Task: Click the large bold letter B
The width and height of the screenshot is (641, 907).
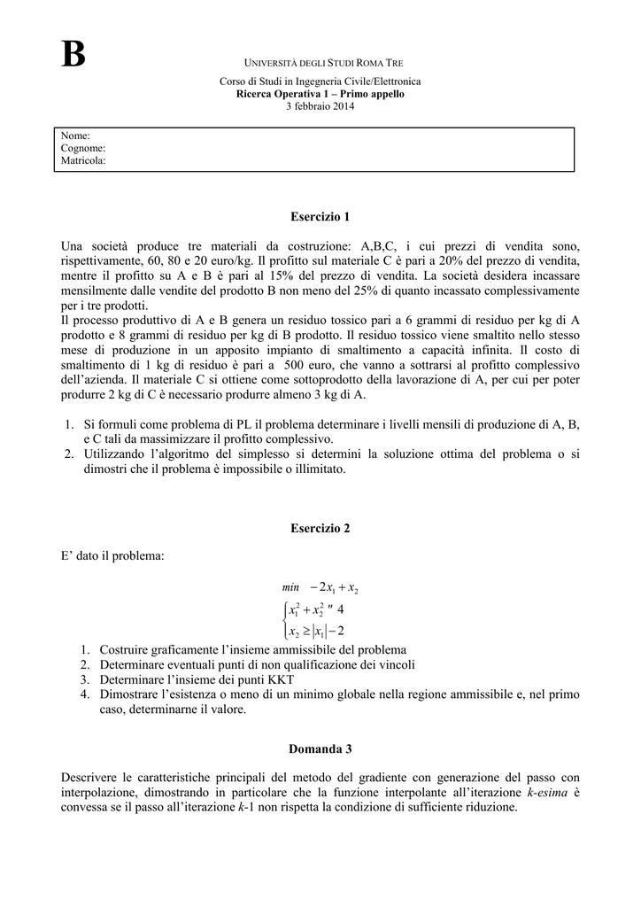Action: pos(73,55)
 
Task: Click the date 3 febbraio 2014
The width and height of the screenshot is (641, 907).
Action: pos(320,106)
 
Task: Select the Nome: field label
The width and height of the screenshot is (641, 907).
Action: pos(75,136)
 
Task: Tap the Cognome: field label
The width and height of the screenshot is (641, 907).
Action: pos(83,148)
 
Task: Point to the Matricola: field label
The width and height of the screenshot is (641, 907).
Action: pos(83,161)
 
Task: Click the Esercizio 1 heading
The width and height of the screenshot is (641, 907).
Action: pos(320,215)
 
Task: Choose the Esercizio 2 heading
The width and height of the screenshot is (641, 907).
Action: pos(320,528)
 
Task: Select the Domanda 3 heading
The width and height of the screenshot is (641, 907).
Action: pos(320,748)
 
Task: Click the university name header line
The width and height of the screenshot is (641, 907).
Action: pos(323,64)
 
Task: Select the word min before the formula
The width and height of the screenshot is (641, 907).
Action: pos(291,587)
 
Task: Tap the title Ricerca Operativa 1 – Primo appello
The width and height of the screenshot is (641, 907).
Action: pos(320,94)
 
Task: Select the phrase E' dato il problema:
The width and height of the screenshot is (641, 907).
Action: pos(112,556)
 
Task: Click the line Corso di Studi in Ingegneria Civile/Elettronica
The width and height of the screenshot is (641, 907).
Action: pos(320,81)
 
